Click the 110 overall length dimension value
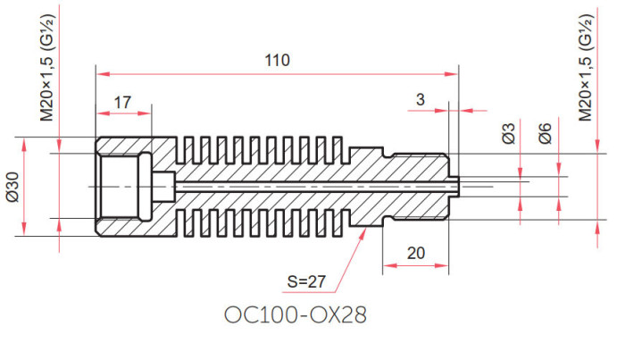click(278, 60)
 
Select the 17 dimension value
click(122, 103)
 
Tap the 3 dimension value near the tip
click(421, 100)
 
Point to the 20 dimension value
click(416, 253)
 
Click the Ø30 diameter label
click(13, 187)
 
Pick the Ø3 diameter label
click(509, 134)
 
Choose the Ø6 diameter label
click(545, 134)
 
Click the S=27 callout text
click(306, 282)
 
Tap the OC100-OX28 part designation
click(296, 315)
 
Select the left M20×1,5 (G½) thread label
click(47, 68)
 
